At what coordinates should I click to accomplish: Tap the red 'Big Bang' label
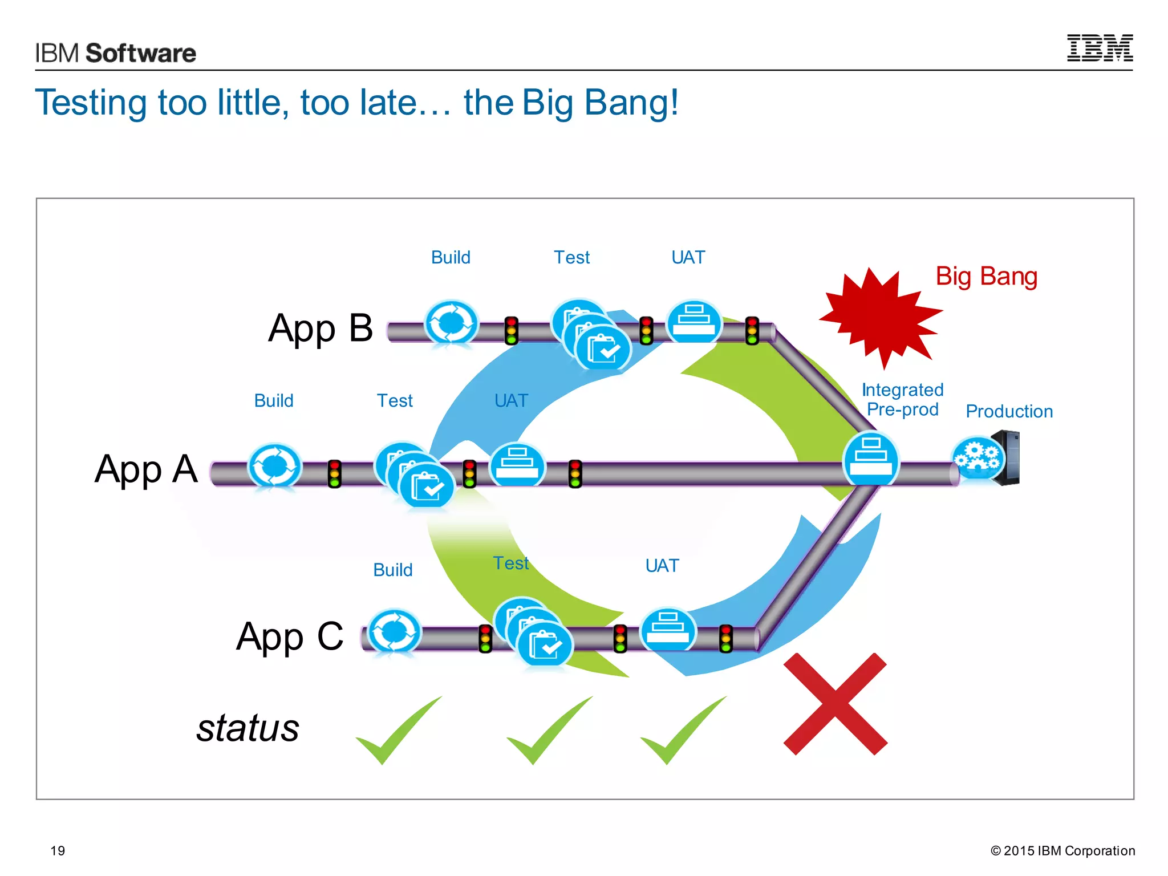pyautogui.click(x=986, y=277)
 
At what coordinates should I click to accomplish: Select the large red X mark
pyautogui.click(x=836, y=704)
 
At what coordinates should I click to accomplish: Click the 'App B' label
pyautogui.click(x=321, y=328)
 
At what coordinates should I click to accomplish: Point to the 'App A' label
pyautogui.click(x=146, y=469)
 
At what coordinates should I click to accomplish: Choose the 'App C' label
pyautogui.click(x=290, y=636)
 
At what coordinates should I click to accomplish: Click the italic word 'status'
pyautogui.click(x=248, y=728)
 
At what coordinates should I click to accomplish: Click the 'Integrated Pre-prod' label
pyautogui.click(x=902, y=399)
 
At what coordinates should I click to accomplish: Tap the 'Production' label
pyautogui.click(x=1009, y=411)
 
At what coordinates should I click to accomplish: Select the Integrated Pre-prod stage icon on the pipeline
pyautogui.click(x=870, y=459)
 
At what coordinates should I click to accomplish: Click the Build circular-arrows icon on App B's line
pyautogui.click(x=451, y=323)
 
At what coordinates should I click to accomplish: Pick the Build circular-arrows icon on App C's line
pyautogui.click(x=394, y=632)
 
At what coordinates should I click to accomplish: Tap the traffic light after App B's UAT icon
pyautogui.click(x=752, y=331)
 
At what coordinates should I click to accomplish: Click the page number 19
pyautogui.click(x=58, y=851)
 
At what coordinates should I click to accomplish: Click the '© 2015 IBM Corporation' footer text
pyautogui.click(x=1062, y=851)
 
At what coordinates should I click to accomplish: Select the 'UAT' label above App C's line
pyautogui.click(x=662, y=566)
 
